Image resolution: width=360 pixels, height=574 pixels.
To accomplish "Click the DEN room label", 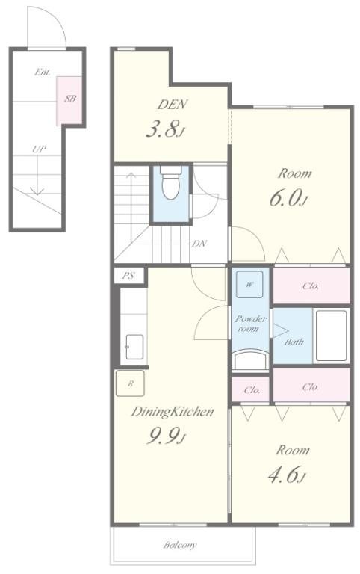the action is pyautogui.click(x=173, y=105).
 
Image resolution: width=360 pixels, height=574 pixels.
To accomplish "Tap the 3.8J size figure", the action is pyautogui.click(x=164, y=129).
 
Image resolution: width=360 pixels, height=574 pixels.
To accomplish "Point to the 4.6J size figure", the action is pyautogui.click(x=287, y=475).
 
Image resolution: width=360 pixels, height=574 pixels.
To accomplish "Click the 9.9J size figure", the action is pyautogui.click(x=166, y=436).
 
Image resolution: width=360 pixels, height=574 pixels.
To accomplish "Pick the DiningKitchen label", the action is pyautogui.click(x=173, y=412).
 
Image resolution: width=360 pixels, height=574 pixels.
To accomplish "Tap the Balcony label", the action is pyautogui.click(x=180, y=545).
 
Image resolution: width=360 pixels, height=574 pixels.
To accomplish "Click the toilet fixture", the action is pyautogui.click(x=171, y=182).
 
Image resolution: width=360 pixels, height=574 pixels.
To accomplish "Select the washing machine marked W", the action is pyautogui.click(x=249, y=285).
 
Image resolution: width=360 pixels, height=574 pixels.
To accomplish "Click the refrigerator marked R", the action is pyautogui.click(x=130, y=383).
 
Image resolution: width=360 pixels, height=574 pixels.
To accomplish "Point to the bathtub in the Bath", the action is pyautogui.click(x=331, y=336).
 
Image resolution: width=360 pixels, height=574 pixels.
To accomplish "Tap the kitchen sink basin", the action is pyautogui.click(x=134, y=347).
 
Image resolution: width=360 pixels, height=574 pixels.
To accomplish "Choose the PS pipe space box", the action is pyautogui.click(x=128, y=275).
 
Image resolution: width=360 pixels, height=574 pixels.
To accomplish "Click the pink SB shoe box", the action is pyautogui.click(x=69, y=101).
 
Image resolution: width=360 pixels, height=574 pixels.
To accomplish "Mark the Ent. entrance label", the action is pyautogui.click(x=43, y=72).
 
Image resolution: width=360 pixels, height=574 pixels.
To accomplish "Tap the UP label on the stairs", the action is pyautogui.click(x=39, y=149).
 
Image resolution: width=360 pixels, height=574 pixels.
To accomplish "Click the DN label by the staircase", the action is pyautogui.click(x=199, y=244).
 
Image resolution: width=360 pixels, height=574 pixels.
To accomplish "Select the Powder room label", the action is pyautogui.click(x=250, y=323).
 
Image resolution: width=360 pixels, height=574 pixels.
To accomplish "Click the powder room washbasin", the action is pyautogui.click(x=251, y=359).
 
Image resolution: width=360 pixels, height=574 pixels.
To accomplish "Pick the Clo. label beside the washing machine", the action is pyautogui.click(x=311, y=286).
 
